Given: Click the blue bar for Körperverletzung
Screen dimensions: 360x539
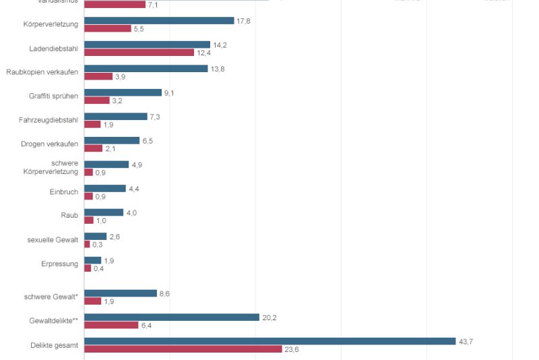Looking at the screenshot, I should coord(159,21).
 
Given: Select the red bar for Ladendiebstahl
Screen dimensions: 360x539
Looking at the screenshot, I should coord(139,53).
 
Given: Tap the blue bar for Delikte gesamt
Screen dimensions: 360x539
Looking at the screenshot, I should coord(269,341).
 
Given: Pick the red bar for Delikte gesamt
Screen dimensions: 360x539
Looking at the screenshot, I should coord(183,349).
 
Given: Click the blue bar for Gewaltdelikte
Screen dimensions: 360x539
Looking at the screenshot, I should coord(171,318).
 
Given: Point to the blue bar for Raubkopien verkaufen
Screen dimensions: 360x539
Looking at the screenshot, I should coord(146,69).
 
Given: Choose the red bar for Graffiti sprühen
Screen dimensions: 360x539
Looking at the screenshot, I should coord(96,100).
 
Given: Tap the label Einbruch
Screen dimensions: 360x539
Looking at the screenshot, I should coord(64,192).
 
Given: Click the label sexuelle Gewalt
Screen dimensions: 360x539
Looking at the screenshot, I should coord(53,240).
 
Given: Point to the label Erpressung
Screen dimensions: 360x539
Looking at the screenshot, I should coord(59,264).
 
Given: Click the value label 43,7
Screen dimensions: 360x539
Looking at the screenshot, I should coord(466,341).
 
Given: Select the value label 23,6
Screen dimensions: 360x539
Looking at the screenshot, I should coord(292,349).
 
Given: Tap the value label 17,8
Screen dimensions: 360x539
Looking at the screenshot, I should coord(243,21).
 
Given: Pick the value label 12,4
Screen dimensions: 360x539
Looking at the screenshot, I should coord(203,53).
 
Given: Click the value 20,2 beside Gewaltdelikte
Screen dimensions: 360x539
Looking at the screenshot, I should coord(269,318).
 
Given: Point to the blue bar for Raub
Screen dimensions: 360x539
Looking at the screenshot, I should coord(104,212).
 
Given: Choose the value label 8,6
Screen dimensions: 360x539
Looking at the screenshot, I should coord(164,293).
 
